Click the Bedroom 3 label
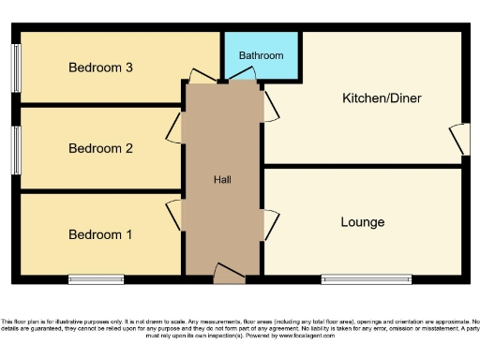point(100,67)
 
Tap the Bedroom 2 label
point(100,148)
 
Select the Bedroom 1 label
point(100,234)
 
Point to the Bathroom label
point(261,56)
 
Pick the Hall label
point(222,180)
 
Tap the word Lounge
point(362,222)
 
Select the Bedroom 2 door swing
point(174,128)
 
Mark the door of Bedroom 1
point(174,215)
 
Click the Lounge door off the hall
point(271,224)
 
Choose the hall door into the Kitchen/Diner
point(270,104)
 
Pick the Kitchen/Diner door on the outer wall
point(458,141)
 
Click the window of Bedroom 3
point(17,67)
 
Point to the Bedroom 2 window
point(17,149)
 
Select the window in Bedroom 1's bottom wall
point(96,278)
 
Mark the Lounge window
point(366,278)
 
